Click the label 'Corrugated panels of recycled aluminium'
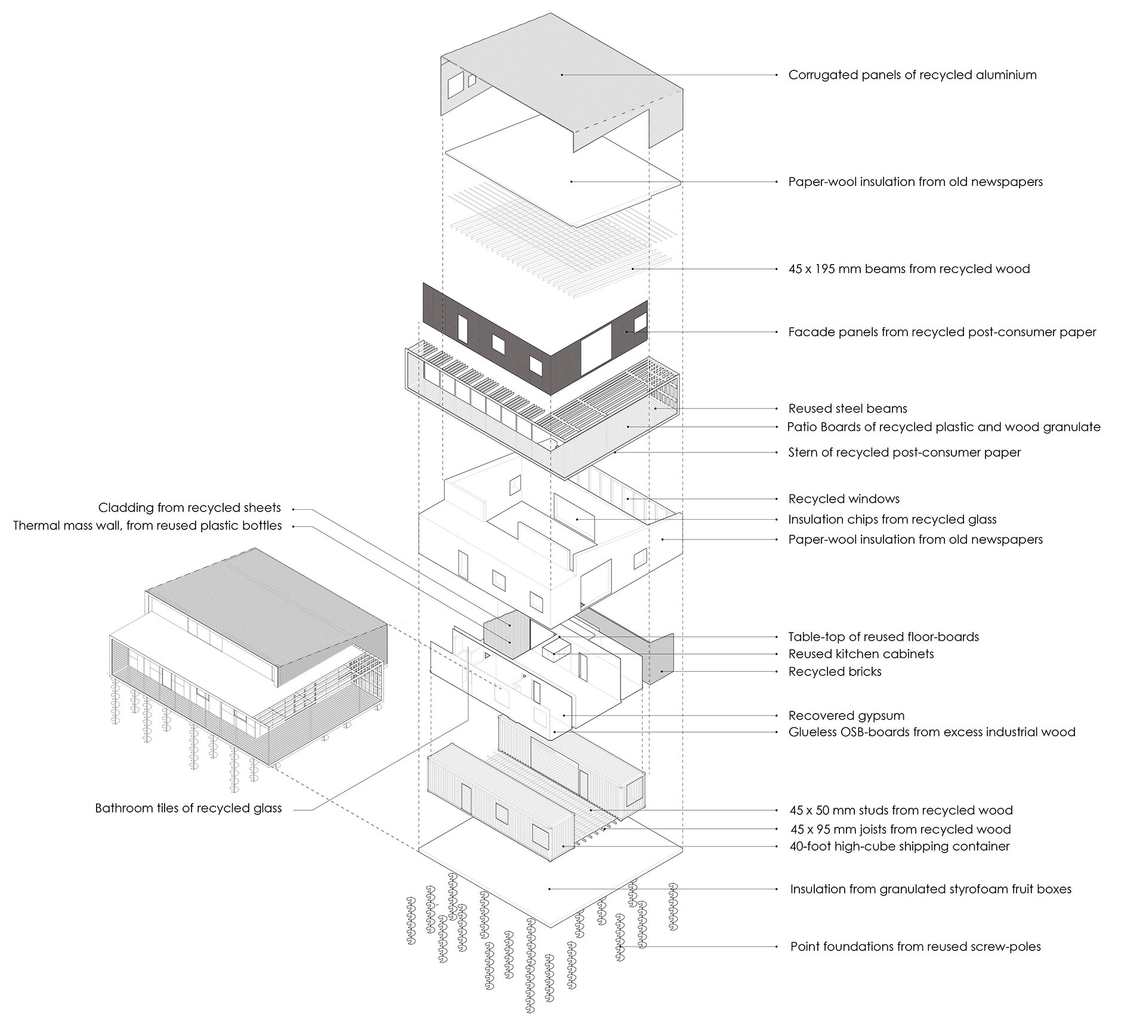(x=912, y=75)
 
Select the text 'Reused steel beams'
(x=847, y=409)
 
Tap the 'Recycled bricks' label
(x=835, y=672)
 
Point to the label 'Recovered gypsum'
(x=846, y=715)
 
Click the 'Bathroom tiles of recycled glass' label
(x=188, y=808)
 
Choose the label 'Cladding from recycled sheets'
(x=189, y=508)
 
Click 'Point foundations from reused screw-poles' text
(x=915, y=947)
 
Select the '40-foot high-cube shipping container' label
(x=899, y=847)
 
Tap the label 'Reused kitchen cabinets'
(x=861, y=654)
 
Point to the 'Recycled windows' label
(x=844, y=499)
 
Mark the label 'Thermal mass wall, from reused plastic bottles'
(x=147, y=526)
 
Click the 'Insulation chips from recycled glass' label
(x=892, y=520)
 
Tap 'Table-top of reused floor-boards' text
(x=883, y=637)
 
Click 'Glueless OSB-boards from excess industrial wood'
(x=931, y=732)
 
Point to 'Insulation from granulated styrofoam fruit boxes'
(x=930, y=889)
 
